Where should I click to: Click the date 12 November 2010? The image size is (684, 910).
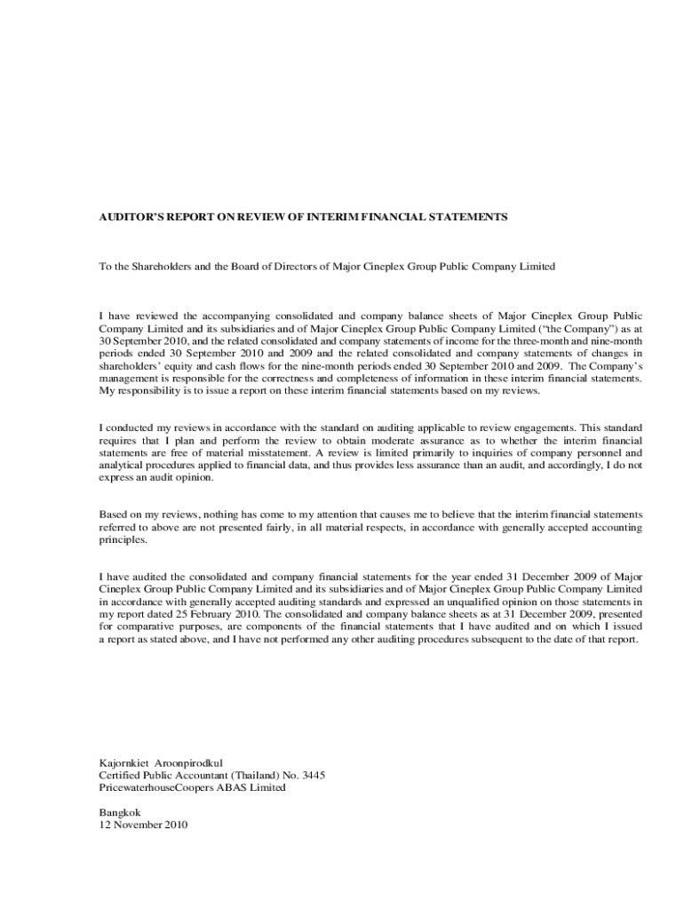pos(143,824)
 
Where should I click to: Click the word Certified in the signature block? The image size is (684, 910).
pos(120,775)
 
